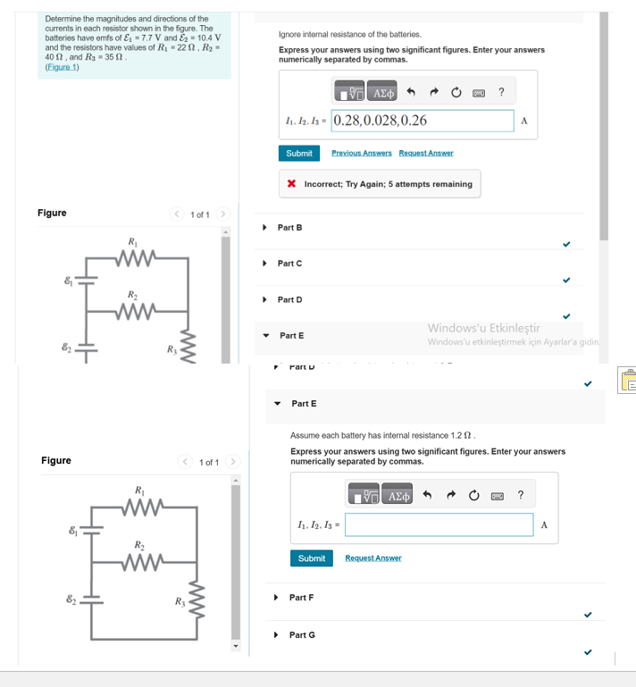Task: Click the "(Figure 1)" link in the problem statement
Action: [62, 67]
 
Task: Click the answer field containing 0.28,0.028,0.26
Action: [422, 121]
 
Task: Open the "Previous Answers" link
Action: [361, 153]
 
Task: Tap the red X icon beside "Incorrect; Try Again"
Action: [292, 184]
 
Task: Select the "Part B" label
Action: [289, 228]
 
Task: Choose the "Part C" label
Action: [289, 264]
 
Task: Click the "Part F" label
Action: [301, 597]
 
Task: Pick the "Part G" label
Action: [302, 634]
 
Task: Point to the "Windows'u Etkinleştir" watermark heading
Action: [483, 328]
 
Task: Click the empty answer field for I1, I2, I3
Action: [439, 524]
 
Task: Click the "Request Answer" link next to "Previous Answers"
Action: [426, 153]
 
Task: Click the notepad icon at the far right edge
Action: [624, 381]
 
